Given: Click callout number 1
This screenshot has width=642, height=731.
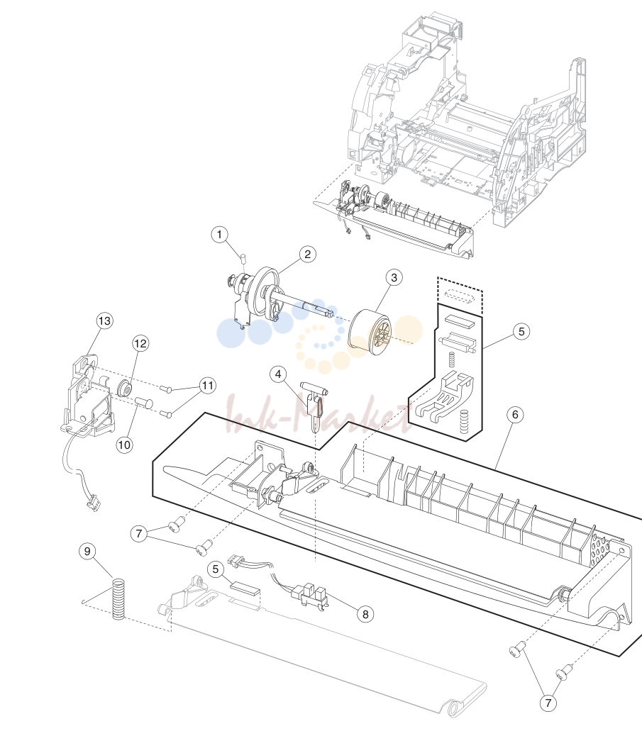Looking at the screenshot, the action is coord(220,234).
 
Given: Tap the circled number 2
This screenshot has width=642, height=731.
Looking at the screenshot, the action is coord(307,254).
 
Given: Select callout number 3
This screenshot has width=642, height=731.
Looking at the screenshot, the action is coord(394,277).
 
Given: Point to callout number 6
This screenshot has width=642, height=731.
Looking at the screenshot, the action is coord(514,415).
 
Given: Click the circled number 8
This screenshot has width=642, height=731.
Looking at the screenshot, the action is coord(365,614).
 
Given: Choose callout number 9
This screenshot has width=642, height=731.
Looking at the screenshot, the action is coord(87,551).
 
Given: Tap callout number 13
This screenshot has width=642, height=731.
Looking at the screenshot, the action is coord(104,320).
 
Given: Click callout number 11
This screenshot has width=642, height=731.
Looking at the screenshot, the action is coord(208,386).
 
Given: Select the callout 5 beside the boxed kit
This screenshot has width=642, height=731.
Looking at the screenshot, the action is coord(521,332).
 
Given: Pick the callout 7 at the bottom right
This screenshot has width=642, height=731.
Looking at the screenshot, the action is coord(548,703).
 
